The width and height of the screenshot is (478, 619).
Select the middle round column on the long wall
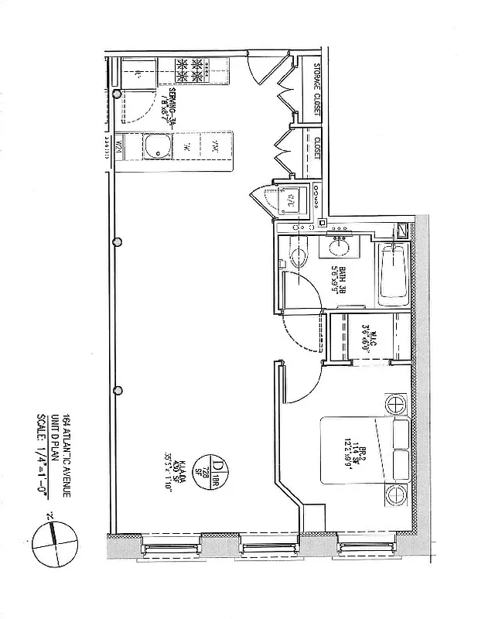118,241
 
